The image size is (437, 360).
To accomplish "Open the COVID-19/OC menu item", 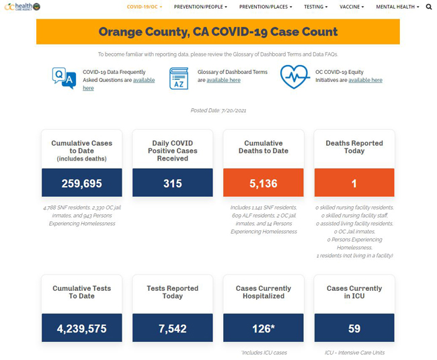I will point(144,7).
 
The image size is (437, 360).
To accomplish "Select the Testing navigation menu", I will point(315,7).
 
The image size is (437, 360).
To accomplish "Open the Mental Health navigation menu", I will point(397,7).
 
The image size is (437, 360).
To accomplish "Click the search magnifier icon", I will point(429,7).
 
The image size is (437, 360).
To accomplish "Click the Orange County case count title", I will point(218,32).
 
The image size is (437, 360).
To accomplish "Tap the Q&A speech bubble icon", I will point(63,77).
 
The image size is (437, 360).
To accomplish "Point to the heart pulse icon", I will point(294,77).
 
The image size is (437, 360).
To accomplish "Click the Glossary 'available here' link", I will point(223,80).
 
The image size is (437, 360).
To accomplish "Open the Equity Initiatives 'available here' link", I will point(365,80).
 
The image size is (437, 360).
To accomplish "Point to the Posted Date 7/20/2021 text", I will point(218,109).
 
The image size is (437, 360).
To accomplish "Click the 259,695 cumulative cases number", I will point(81,183).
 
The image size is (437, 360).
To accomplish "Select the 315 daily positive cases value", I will point(173,183).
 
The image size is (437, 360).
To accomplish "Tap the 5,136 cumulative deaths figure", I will point(263,183).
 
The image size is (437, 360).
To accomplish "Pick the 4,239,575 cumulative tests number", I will point(81,328).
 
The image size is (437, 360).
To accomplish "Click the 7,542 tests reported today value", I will point(173,328).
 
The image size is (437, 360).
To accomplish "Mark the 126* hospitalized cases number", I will point(263,328).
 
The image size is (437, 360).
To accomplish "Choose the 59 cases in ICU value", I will point(354,328).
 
